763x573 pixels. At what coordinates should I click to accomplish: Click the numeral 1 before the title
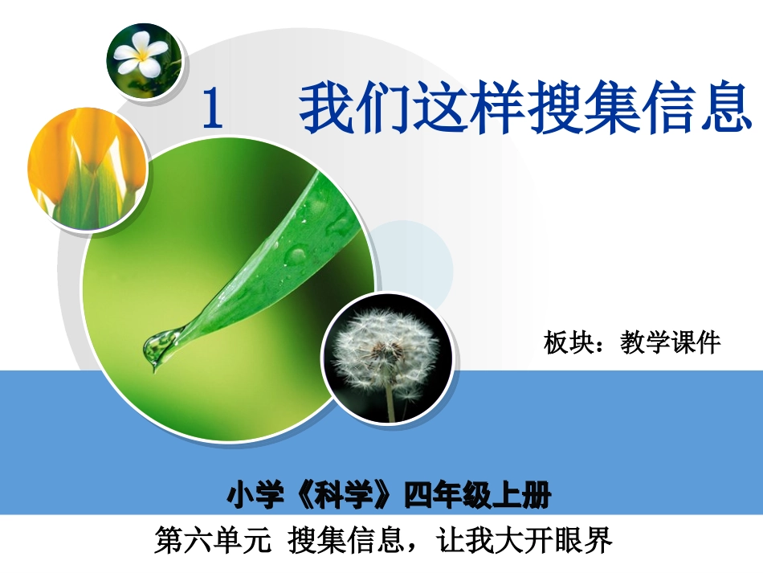click(x=213, y=110)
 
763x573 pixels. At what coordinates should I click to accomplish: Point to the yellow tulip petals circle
click(x=87, y=170)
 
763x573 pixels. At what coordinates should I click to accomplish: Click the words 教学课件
click(x=671, y=343)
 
